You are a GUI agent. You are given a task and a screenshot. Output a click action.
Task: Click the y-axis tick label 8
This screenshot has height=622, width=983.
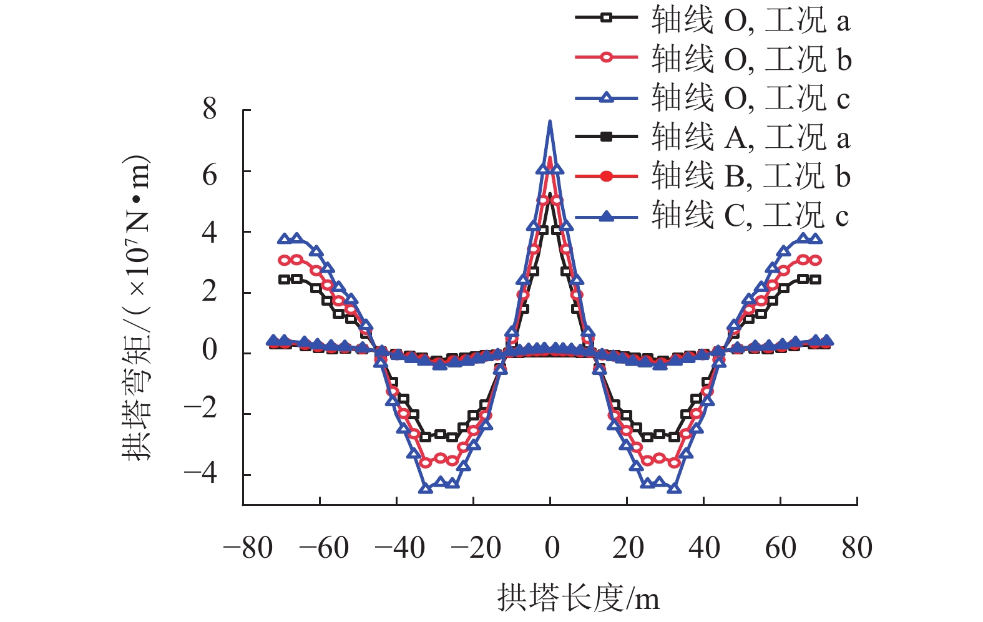click(x=210, y=110)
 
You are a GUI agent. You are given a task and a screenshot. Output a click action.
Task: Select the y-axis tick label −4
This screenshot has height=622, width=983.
click(x=201, y=474)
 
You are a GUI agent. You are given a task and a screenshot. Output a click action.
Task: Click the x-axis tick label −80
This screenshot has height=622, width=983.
click(x=248, y=548)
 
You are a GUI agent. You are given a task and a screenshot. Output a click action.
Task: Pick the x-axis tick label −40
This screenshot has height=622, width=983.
click(x=400, y=548)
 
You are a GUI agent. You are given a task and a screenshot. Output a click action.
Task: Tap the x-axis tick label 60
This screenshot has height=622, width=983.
click(x=780, y=548)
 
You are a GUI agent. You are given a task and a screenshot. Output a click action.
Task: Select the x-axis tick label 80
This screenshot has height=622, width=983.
click(x=857, y=548)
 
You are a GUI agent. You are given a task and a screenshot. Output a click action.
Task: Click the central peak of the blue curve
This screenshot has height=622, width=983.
click(x=550, y=122)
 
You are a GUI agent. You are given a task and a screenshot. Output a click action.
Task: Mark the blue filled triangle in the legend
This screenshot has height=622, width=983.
click(x=606, y=216)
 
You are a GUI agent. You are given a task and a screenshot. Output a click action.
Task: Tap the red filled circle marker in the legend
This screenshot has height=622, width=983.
click(x=606, y=177)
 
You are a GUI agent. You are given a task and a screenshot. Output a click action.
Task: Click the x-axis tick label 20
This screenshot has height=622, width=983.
click(x=628, y=548)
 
